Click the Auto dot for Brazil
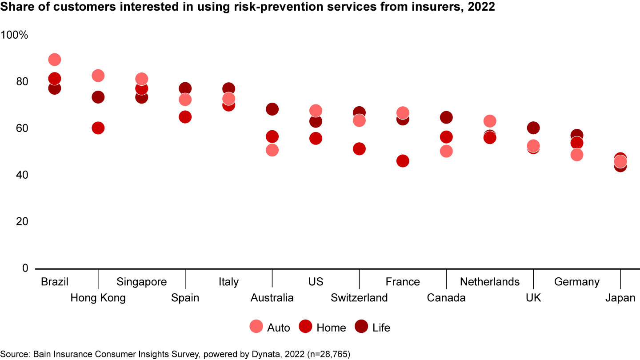(55, 60)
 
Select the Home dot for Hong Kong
(98, 128)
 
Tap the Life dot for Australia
(272, 109)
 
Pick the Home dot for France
(403, 161)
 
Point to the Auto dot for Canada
(446, 151)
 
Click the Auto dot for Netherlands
(490, 121)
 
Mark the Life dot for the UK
(533, 128)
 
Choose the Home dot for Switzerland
(359, 149)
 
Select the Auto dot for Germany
(577, 155)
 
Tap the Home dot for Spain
(185, 117)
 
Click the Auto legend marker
(256, 327)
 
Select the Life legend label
(381, 328)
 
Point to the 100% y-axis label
(15, 35)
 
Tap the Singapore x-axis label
(141, 282)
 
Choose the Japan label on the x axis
(620, 298)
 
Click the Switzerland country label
(359, 298)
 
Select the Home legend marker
(306, 327)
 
